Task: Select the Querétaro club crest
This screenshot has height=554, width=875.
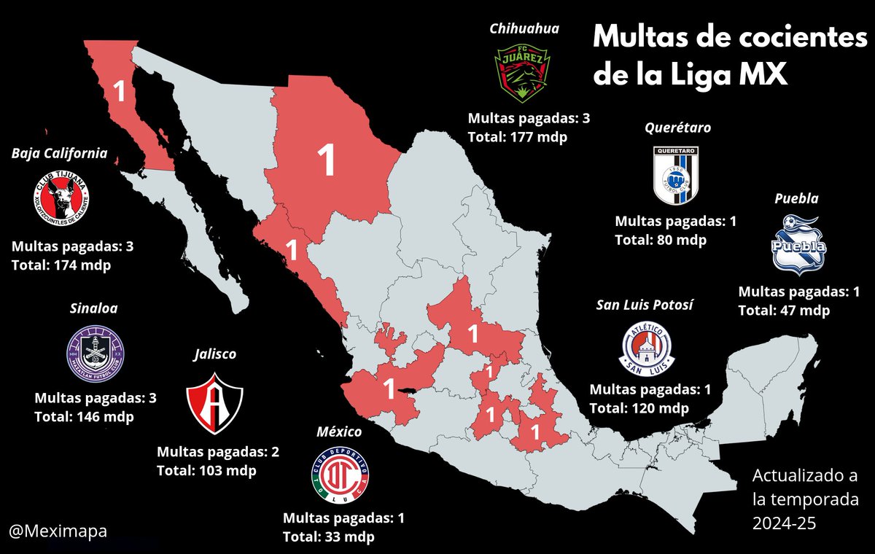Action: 676,173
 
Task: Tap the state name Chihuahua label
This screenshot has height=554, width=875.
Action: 524,29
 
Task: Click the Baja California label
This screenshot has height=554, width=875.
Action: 59,154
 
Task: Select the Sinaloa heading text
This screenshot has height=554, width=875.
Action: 93,308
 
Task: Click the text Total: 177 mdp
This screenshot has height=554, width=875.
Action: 518,136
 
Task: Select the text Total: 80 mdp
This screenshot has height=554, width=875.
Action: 661,240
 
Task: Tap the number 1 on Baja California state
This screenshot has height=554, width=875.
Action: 120,92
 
